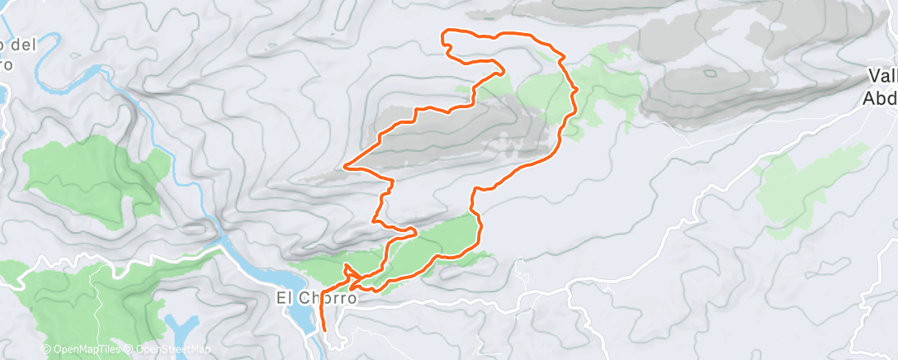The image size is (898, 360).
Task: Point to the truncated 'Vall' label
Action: (881, 77)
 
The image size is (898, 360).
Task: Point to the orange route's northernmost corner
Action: (447, 31)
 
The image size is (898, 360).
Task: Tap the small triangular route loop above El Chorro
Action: (348, 270)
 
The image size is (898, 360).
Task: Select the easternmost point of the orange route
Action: (576, 88)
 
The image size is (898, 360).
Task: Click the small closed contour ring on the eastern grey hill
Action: (710, 73)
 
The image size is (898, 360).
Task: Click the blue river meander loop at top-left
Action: (83, 78)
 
